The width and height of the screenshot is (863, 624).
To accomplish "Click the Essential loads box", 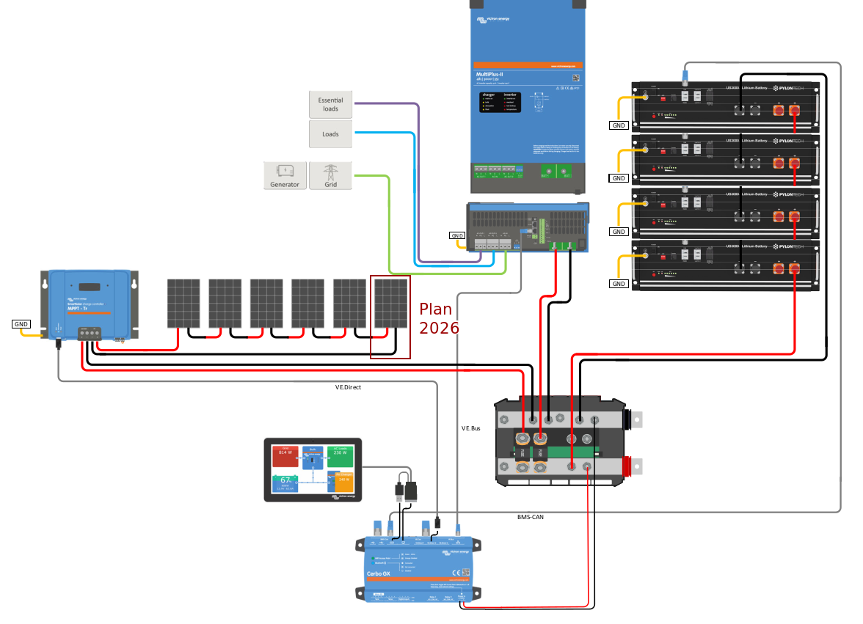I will click(x=330, y=104).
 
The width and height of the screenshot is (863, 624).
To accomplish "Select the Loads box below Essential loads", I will click(x=330, y=134).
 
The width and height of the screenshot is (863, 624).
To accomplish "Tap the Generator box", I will click(x=285, y=175).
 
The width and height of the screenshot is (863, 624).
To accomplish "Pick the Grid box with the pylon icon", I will click(x=330, y=175).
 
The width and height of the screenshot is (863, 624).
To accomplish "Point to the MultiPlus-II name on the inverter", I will click(x=490, y=74).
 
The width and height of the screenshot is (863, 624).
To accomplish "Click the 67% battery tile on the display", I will click(x=285, y=483).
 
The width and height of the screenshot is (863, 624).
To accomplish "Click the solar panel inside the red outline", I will click(x=390, y=303).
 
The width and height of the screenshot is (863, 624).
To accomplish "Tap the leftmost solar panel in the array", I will click(x=183, y=303).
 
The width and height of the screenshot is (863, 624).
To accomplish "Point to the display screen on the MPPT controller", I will click(x=90, y=287).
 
